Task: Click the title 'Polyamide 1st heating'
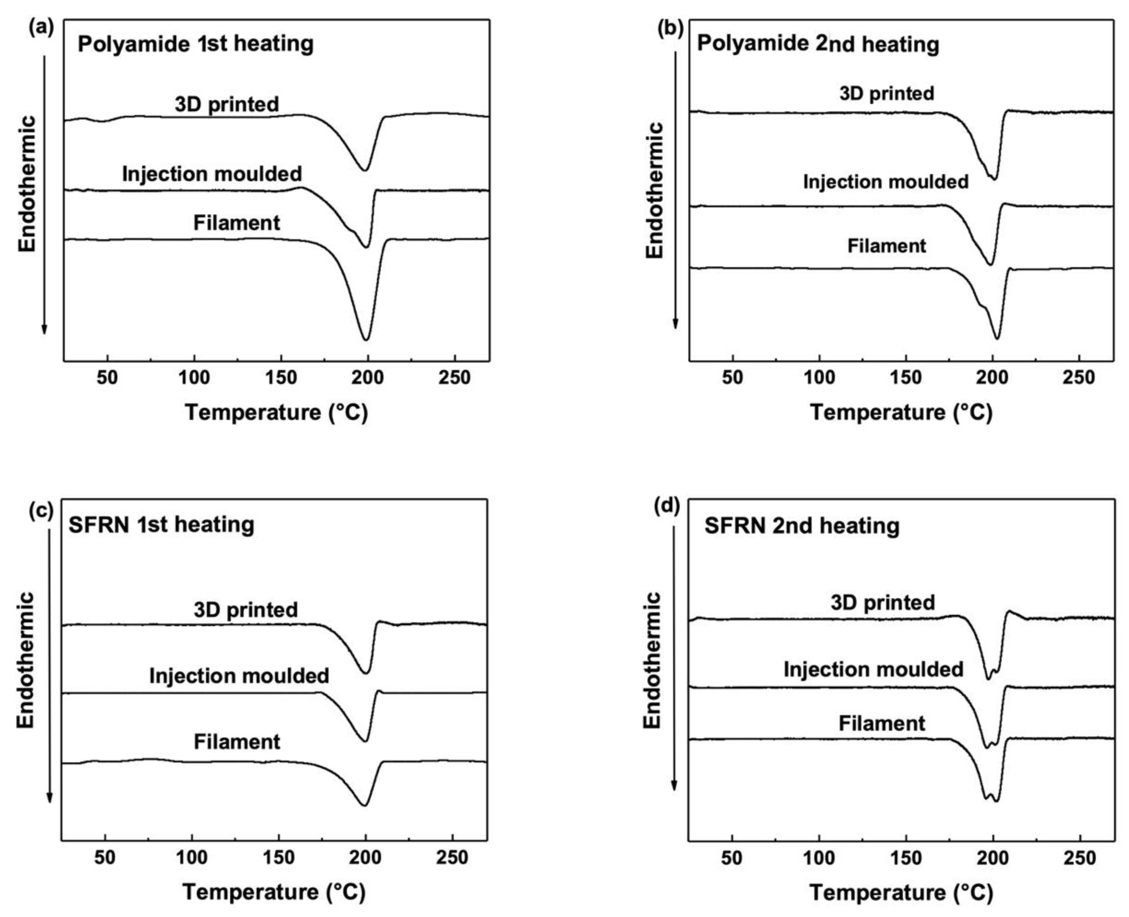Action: (196, 44)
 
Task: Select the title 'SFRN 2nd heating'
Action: (802, 526)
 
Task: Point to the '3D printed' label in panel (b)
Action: (887, 94)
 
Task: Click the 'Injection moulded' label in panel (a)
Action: (212, 174)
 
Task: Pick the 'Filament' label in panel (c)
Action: (236, 742)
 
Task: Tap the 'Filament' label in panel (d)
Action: (881, 723)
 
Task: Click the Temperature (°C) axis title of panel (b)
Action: (901, 413)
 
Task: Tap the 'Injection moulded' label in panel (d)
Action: (873, 670)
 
